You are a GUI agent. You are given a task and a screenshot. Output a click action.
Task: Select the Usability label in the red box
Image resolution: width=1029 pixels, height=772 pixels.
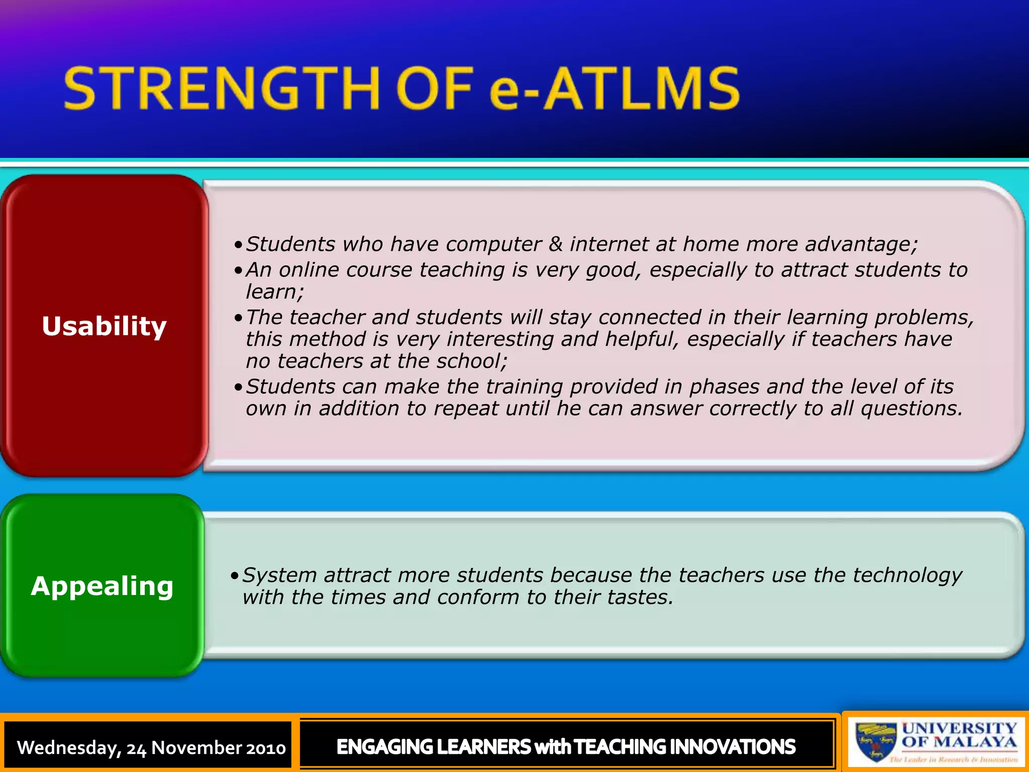[x=104, y=326]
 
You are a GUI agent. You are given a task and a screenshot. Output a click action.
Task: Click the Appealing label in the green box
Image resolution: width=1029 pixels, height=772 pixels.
[x=102, y=586]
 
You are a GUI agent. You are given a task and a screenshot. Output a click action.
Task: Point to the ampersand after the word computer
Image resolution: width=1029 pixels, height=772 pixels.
[x=555, y=244]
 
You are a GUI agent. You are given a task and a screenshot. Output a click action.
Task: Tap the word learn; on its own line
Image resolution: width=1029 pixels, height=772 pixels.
[x=274, y=292]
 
